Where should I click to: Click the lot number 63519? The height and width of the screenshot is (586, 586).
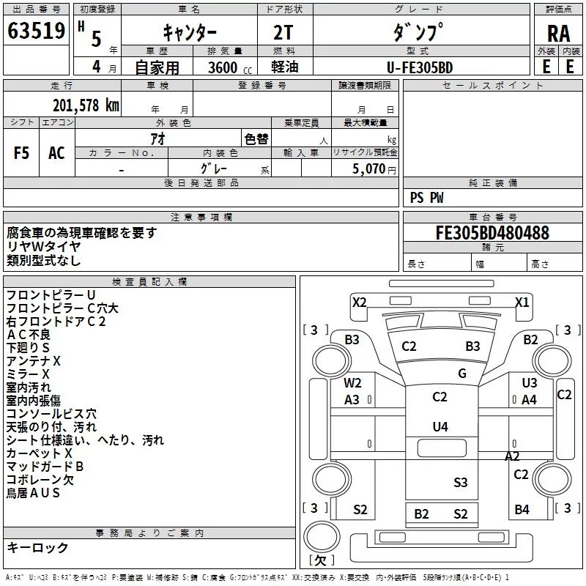point(36,31)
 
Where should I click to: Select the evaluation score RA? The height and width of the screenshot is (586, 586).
point(558,34)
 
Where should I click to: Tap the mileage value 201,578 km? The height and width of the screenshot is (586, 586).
point(86,105)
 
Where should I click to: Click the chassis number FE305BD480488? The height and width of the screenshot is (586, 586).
point(492,233)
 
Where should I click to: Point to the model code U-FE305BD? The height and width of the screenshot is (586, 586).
point(420,67)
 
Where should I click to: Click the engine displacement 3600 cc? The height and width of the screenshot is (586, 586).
point(230,67)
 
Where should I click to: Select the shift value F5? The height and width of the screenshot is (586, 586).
point(21,153)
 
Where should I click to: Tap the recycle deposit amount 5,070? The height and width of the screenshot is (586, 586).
point(369,169)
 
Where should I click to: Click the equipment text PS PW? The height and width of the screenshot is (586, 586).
point(426,198)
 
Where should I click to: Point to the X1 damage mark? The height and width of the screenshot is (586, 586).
point(522,302)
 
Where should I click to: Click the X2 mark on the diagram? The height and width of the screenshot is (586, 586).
point(359,302)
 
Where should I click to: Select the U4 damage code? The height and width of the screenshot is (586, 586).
point(440,426)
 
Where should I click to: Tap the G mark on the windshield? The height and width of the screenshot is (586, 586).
point(462,373)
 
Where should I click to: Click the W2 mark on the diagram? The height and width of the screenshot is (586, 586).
point(352,382)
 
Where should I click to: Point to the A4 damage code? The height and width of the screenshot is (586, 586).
point(529,400)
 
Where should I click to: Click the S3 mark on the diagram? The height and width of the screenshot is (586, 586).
point(461,483)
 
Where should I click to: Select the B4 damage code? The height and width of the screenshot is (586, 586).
point(522,509)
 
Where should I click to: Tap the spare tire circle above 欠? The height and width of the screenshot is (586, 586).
point(322,537)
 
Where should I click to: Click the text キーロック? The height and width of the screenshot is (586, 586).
point(37,548)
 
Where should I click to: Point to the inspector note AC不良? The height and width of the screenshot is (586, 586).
point(29,335)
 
